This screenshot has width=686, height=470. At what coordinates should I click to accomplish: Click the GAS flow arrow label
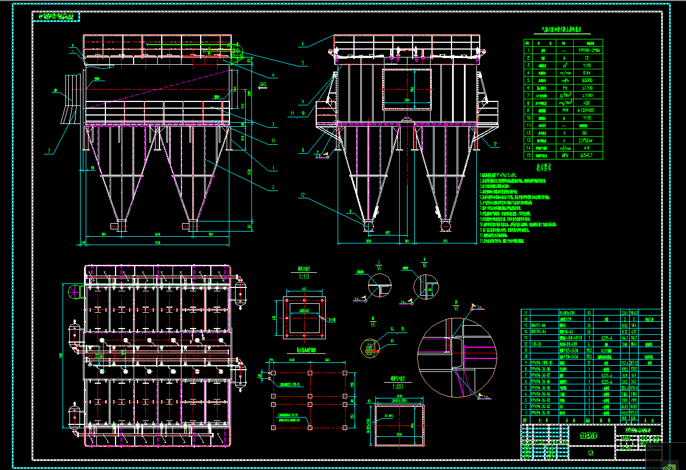pyautogui.click(x=263, y=85)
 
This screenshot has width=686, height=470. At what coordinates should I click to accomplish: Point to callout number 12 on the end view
pyautogui.click(x=303, y=196)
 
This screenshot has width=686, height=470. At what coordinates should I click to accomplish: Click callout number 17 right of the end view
pyautogui.click(x=495, y=144)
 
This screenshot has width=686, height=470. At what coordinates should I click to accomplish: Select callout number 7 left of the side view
pyautogui.click(x=50, y=151)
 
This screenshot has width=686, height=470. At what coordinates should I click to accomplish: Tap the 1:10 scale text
pyautogui.click(x=304, y=277)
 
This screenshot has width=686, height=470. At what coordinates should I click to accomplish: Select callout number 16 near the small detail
pyautogui.click(x=393, y=341)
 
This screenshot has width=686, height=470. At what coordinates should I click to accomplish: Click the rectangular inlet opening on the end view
pyautogui.click(x=407, y=89)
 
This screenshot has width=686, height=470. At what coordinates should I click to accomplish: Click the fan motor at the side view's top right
pyautogui.click(x=236, y=55)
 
